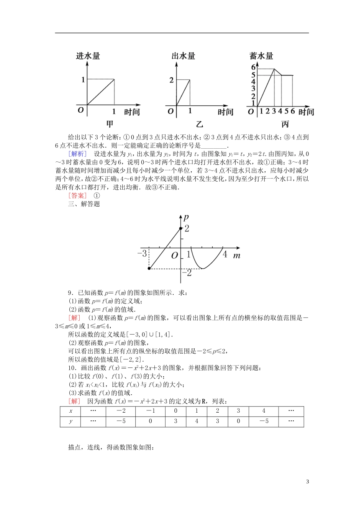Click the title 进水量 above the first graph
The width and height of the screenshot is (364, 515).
(x=88, y=56)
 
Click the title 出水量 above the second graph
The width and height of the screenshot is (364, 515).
(x=184, y=56)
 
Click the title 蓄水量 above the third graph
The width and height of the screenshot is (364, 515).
(x=261, y=56)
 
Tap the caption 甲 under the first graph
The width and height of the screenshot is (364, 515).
(x=110, y=124)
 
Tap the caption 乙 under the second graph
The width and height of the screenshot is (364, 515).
(x=199, y=124)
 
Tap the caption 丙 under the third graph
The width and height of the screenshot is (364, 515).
(x=285, y=124)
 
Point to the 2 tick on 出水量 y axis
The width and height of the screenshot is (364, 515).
(x=171, y=80)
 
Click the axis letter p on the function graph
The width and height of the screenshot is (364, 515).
(x=186, y=217)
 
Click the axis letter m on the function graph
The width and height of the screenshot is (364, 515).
(x=237, y=255)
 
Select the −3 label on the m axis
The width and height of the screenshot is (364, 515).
(x=142, y=254)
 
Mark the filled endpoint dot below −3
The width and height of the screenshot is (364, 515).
(x=149, y=269)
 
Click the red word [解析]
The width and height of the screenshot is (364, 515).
(x=78, y=154)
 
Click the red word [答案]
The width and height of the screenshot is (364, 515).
(x=78, y=195)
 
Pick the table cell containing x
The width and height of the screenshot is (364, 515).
(x=71, y=411)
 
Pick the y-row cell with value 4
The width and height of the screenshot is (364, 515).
(x=197, y=421)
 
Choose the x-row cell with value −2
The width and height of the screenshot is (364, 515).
(x=121, y=411)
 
